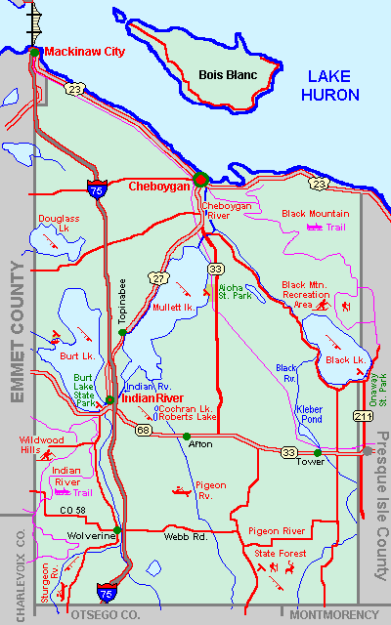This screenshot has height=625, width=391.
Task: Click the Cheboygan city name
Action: click(x=160, y=186)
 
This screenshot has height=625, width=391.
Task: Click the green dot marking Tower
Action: click(x=318, y=452)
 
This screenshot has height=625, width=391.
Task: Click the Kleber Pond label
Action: click(x=310, y=412)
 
